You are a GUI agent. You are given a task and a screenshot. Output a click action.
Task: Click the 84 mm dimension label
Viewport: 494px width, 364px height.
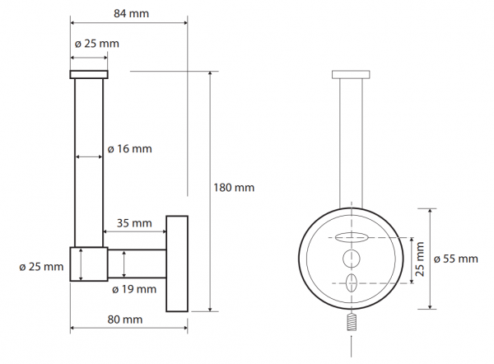(131, 13)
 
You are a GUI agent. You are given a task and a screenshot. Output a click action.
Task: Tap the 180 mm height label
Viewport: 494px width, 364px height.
(234, 188)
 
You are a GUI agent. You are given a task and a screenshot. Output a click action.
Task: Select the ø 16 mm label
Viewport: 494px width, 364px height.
(129, 149)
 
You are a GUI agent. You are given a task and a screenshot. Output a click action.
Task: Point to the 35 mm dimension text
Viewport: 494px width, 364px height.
(134, 223)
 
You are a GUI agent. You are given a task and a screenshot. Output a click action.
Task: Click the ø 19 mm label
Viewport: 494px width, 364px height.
(134, 289)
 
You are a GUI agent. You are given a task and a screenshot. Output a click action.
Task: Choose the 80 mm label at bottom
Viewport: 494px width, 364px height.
(125, 320)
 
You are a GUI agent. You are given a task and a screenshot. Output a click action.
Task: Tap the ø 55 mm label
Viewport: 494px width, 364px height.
(455, 259)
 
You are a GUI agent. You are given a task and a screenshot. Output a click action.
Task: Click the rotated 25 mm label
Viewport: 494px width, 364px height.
(420, 259)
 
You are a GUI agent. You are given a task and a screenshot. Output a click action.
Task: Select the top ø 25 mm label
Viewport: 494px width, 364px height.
(96, 44)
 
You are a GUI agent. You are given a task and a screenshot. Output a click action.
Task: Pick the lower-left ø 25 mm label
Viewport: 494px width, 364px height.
(41, 267)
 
